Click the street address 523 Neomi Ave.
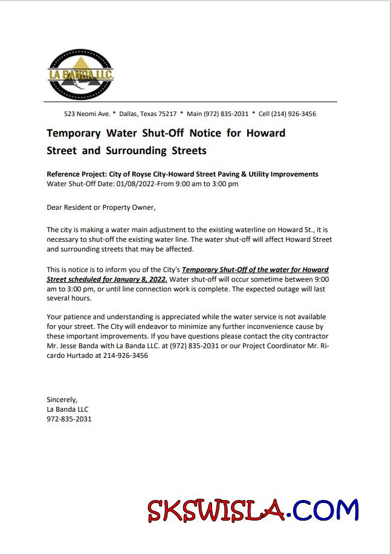point(87,114)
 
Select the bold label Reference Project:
point(79,174)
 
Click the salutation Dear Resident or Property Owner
point(100,207)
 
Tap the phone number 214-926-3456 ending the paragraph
point(126,355)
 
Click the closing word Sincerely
point(62,400)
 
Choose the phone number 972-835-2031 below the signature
point(69,418)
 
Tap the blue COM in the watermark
point(329,510)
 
